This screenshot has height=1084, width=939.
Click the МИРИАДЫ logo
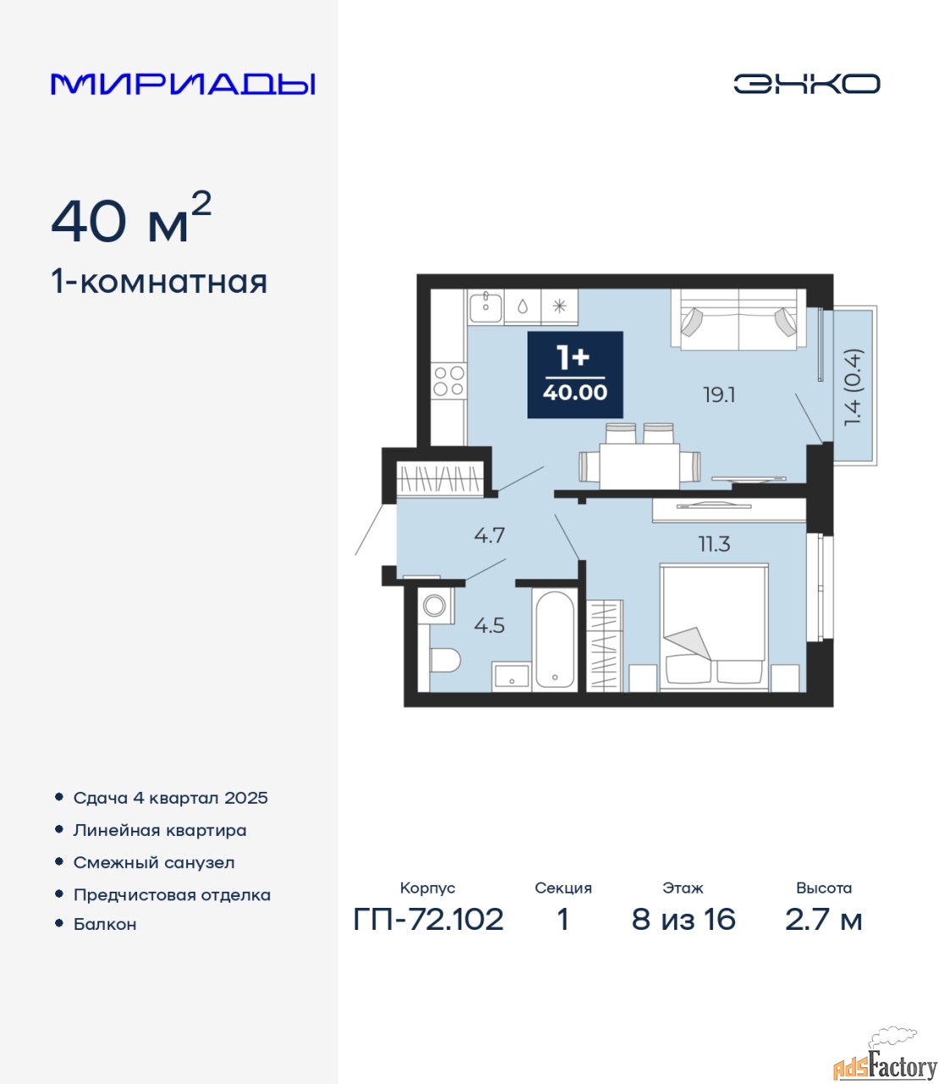[183, 84]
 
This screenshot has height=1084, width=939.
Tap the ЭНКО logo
[806, 84]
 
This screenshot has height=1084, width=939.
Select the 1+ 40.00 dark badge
[575, 374]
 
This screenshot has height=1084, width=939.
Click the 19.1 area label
[719, 395]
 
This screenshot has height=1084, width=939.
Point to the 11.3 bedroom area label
[714, 544]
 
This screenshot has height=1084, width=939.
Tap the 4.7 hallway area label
[489, 535]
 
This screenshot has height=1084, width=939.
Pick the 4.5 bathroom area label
[489, 625]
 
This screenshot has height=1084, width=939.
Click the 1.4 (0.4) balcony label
[853, 387]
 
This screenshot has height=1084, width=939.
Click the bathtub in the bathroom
[555, 639]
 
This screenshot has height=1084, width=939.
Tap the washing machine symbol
[435, 606]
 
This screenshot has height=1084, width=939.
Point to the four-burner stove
[449, 381]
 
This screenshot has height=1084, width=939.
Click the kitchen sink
[486, 307]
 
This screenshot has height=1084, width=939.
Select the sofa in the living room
[738, 318]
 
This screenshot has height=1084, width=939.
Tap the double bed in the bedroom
[714, 628]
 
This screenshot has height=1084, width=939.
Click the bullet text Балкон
[105, 924]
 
